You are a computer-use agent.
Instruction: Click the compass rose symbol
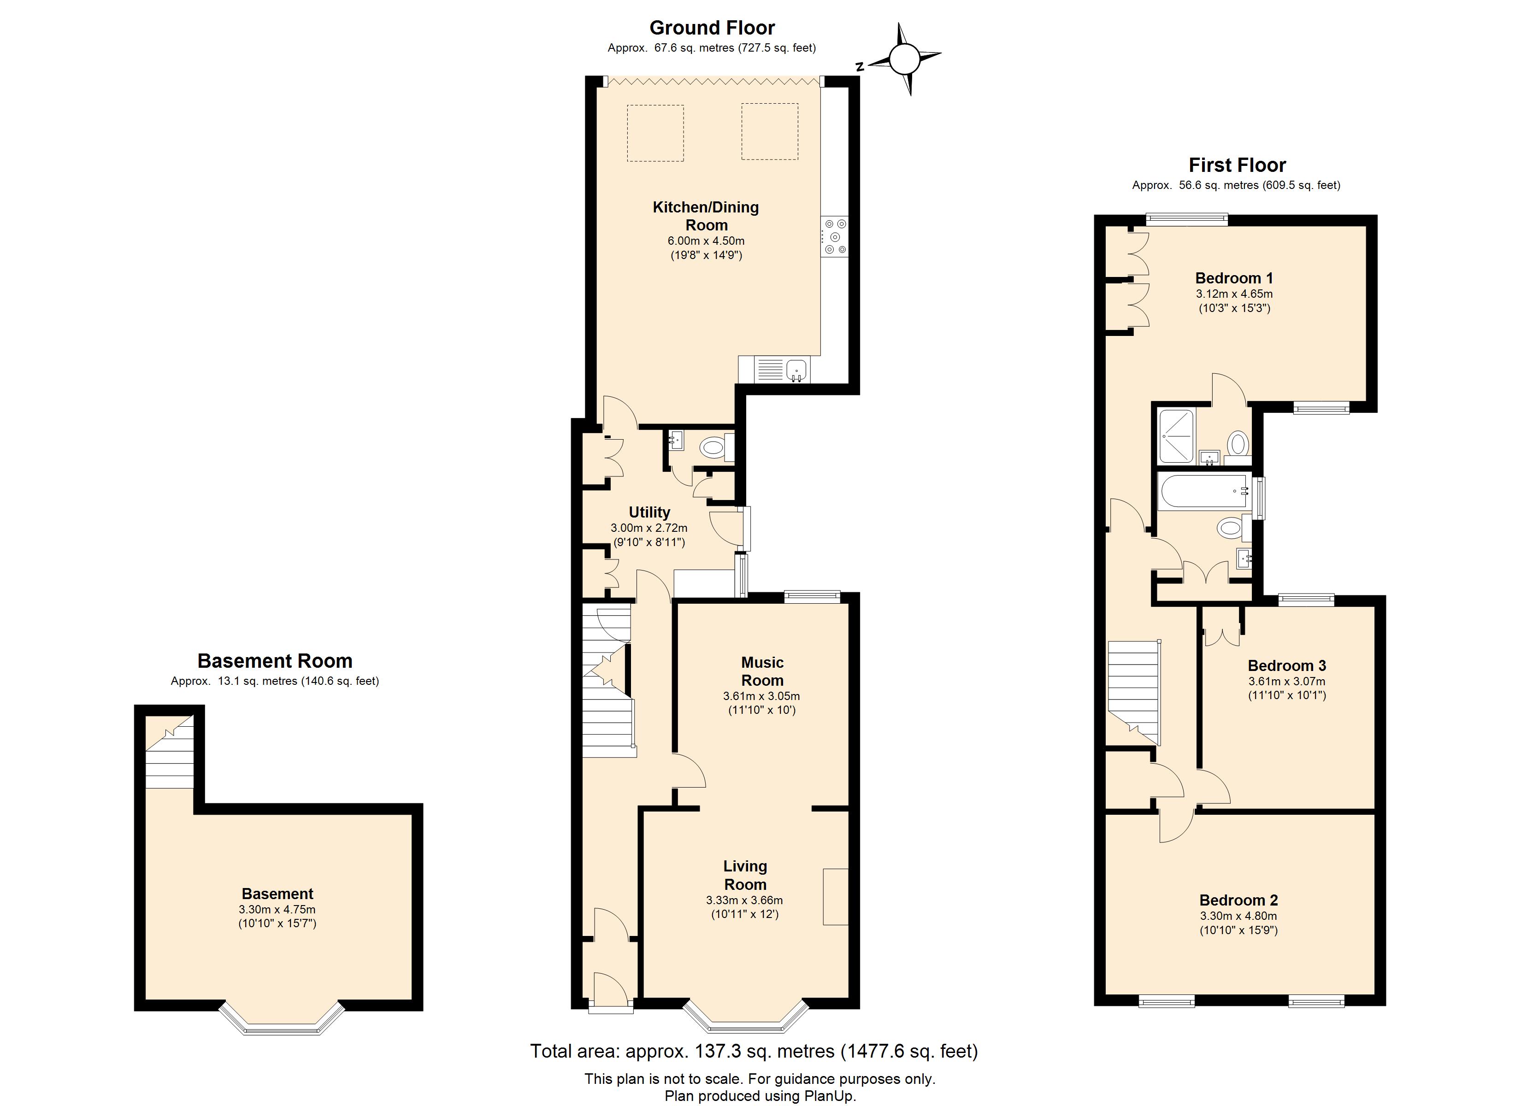coord(903,59)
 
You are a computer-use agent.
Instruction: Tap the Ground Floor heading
coord(712,28)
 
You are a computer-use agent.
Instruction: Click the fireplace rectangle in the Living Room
coord(836,897)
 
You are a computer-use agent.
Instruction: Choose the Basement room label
coord(277,894)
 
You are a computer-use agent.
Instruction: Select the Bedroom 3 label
coord(1286,665)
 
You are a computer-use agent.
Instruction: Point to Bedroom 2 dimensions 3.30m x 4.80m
coord(1238,916)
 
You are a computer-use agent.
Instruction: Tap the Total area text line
coord(754,1051)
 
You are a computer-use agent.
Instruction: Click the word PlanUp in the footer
coord(831,1096)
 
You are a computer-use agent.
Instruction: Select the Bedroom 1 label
coord(1233,278)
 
